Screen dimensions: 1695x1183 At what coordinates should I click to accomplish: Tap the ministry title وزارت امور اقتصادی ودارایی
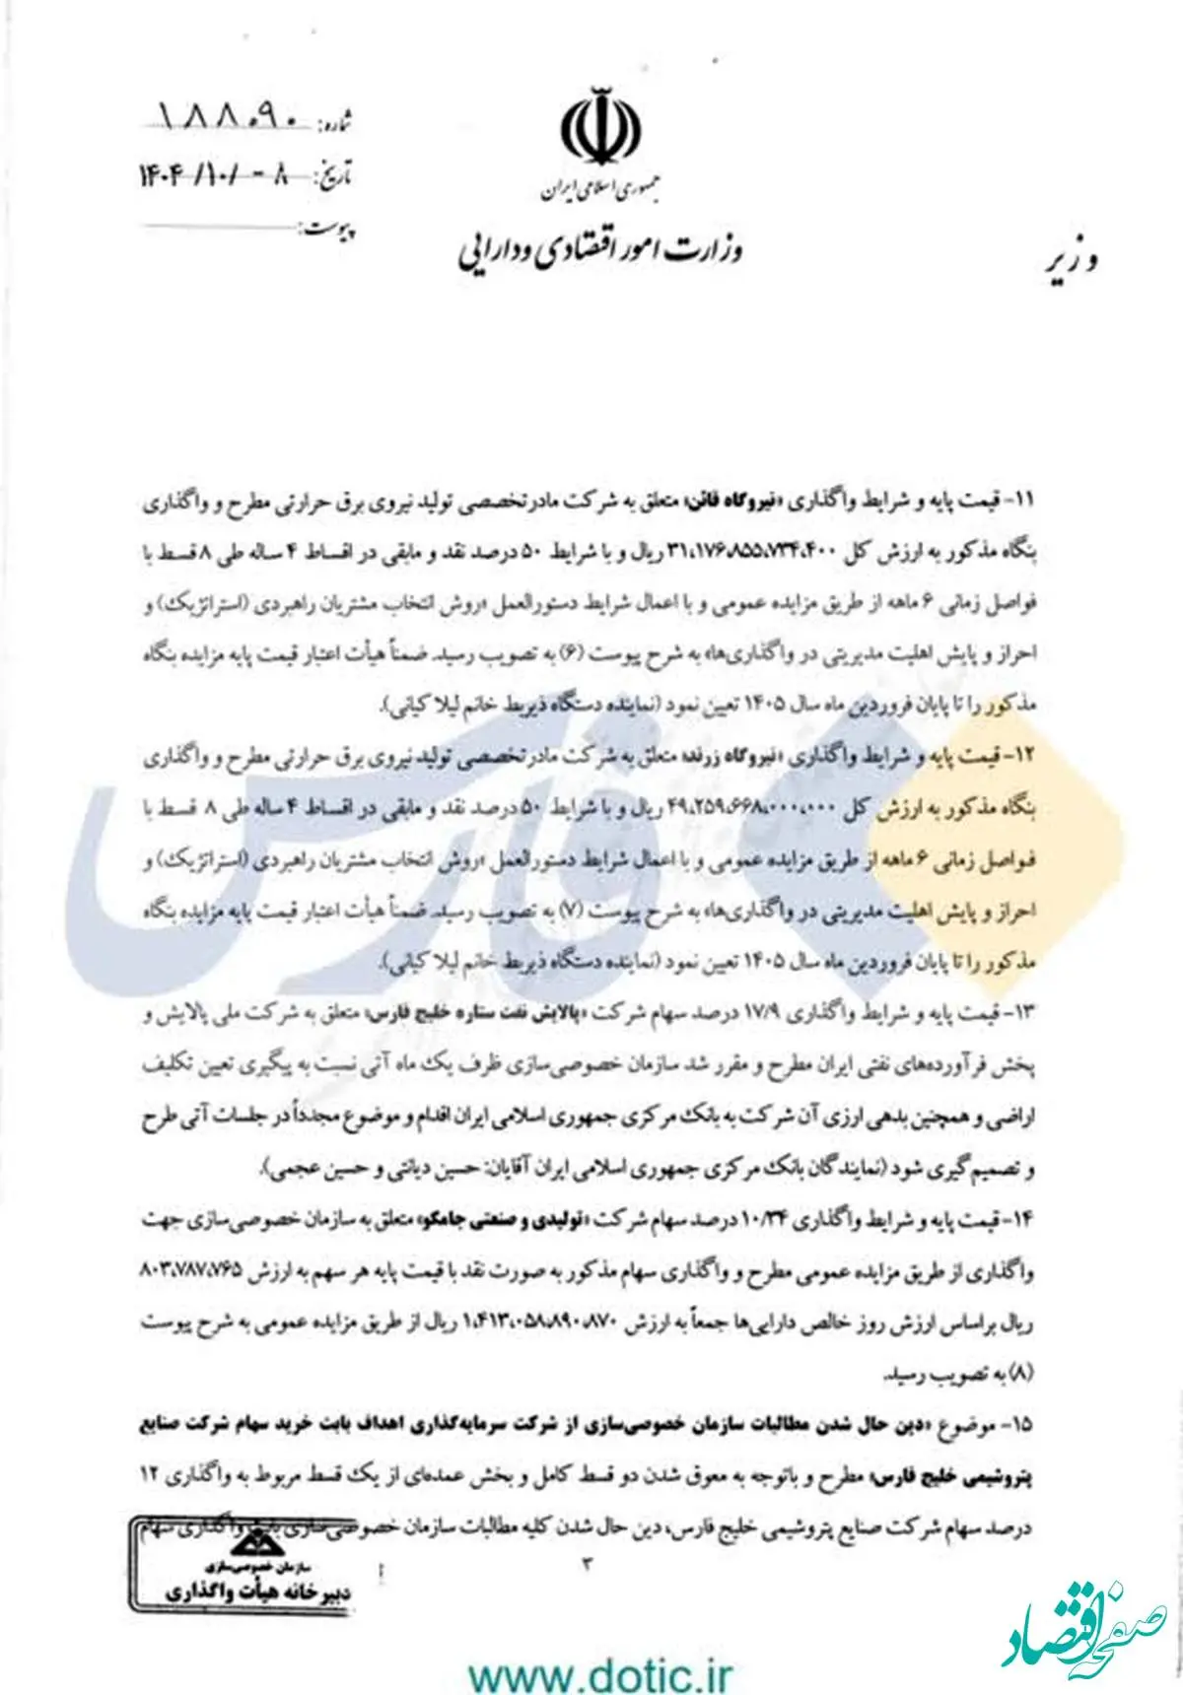pos(599,250)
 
